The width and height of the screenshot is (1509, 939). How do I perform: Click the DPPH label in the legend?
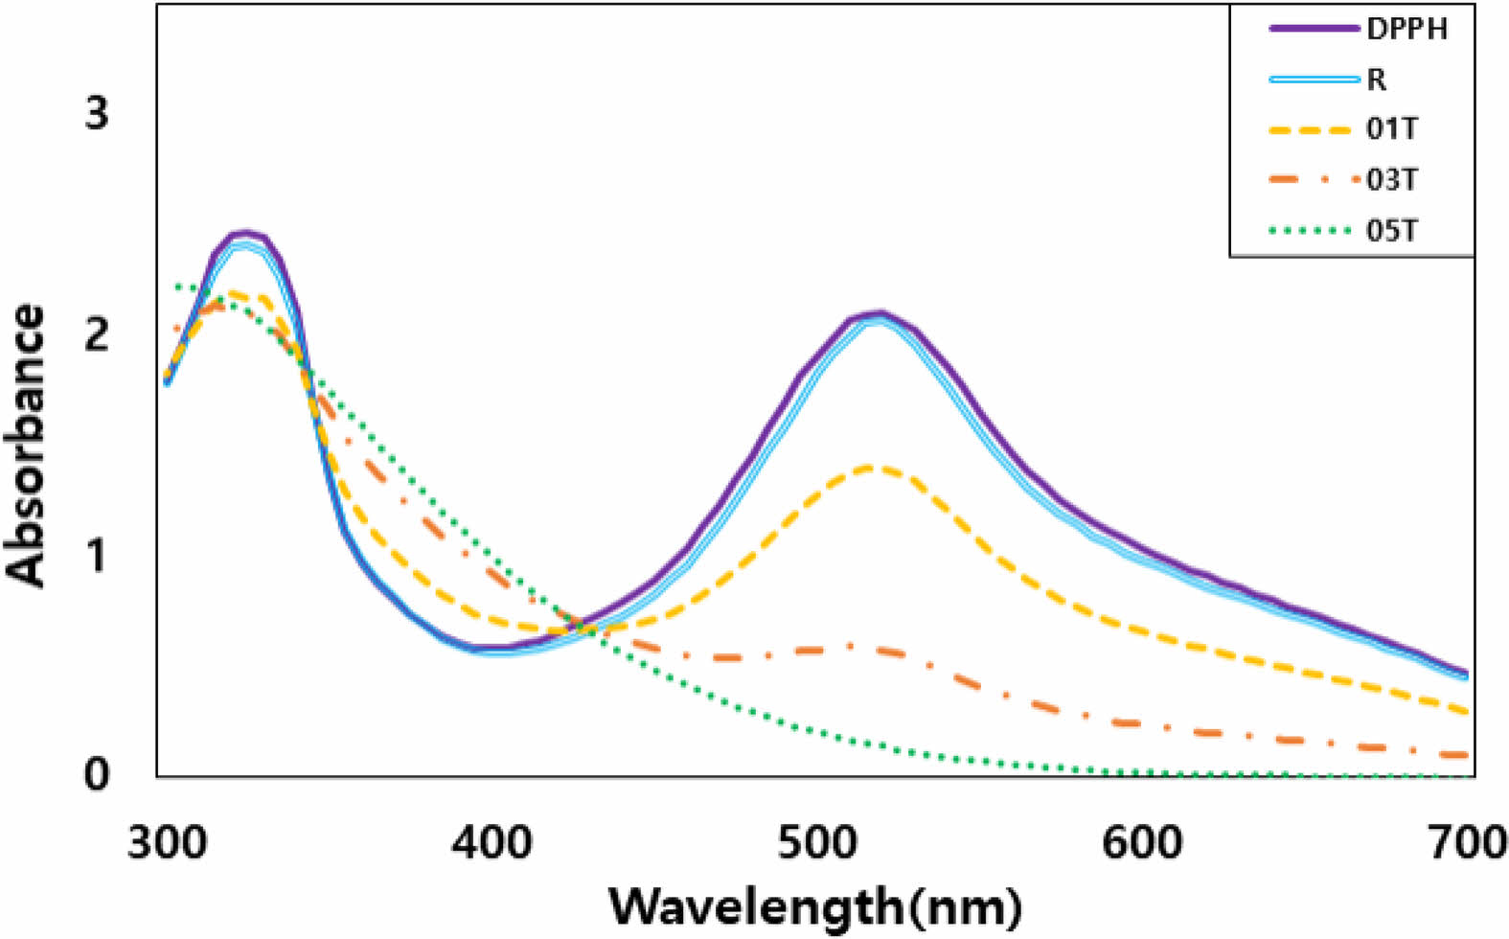click(1406, 29)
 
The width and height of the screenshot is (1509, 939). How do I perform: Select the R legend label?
click(1376, 80)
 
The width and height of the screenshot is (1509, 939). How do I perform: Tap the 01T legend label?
click(1391, 129)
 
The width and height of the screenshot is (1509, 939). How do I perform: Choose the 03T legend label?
click(1391, 180)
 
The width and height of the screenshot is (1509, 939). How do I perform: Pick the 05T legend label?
click(1391, 231)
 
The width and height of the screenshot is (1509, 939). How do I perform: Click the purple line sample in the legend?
click(1314, 29)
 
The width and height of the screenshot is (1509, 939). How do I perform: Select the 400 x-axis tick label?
click(492, 843)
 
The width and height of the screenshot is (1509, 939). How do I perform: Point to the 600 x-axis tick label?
click(1141, 843)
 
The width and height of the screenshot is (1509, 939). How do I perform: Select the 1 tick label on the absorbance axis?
click(97, 554)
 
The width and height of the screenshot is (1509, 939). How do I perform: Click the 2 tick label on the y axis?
click(97, 334)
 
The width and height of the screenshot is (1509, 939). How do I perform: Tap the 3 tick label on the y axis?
click(97, 114)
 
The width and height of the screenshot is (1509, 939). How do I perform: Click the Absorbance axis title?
click(26, 445)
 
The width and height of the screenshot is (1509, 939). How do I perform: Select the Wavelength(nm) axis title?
click(815, 906)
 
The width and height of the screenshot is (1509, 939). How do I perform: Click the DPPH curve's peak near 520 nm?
click(879, 313)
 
